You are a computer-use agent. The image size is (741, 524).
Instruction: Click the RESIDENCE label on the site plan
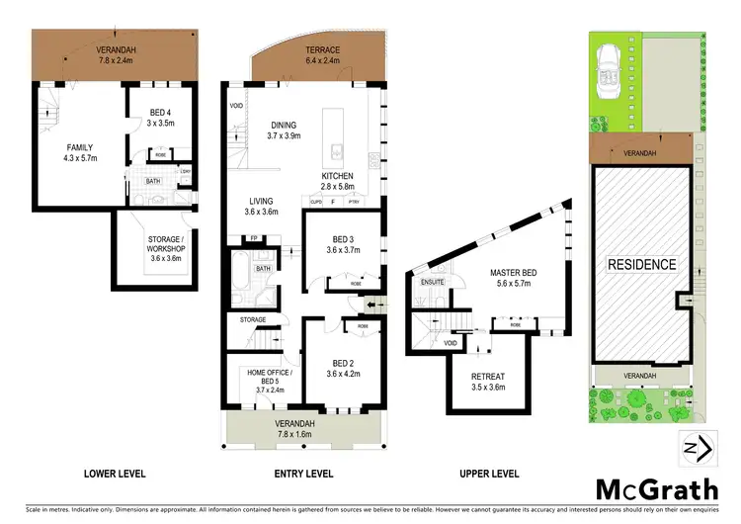[x=641, y=264]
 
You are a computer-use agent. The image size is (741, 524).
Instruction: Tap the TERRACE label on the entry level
[x=320, y=50]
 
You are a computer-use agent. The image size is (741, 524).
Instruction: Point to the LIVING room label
[x=261, y=206]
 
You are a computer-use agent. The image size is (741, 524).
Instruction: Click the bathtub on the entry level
[x=243, y=266]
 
